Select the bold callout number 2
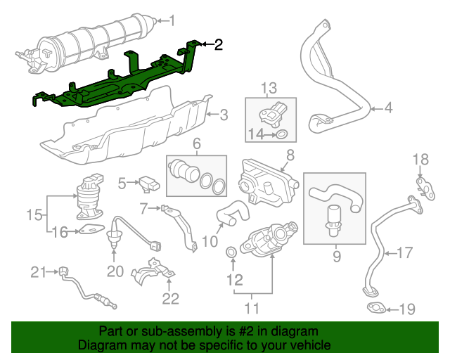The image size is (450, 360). coord(218,45)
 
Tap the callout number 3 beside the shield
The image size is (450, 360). coord(223,115)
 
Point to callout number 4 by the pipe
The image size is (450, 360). coord(388,108)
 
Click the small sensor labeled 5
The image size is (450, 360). coord(149,184)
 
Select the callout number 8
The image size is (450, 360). coord(290,153)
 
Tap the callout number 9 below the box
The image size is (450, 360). coord(336,256)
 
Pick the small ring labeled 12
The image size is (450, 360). coord(231,252)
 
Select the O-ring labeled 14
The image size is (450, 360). coord(281,134)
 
